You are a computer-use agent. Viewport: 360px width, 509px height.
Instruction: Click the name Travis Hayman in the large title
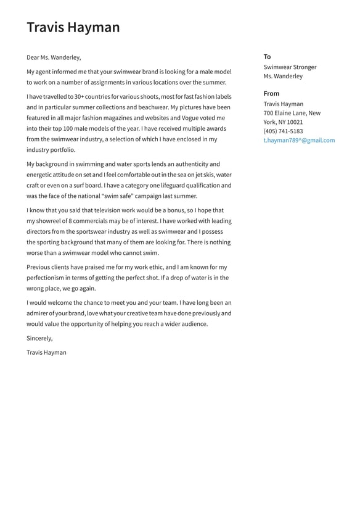pos(73,27)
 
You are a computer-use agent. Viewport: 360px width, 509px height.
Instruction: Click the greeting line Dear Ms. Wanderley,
pos(54,57)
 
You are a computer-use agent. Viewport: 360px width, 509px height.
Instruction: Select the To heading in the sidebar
pos(267,57)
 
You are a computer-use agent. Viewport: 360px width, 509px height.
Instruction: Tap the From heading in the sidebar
pos(271,94)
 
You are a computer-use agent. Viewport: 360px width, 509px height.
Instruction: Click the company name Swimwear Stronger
pos(290,67)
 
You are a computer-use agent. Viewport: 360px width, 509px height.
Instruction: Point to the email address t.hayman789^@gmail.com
pos(299,140)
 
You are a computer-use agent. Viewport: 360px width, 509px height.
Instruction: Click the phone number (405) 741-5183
pos(283,131)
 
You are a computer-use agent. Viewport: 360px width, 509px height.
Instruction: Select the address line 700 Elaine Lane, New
pos(292,113)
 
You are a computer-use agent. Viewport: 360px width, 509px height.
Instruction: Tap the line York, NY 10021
pos(283,122)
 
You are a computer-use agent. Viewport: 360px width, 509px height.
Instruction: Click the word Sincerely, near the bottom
pos(39,338)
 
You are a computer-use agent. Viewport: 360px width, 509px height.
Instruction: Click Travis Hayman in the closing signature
pos(46,352)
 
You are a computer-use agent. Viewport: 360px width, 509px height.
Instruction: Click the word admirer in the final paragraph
pos(39,313)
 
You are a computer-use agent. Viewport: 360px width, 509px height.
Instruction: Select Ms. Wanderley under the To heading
pos(283,77)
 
